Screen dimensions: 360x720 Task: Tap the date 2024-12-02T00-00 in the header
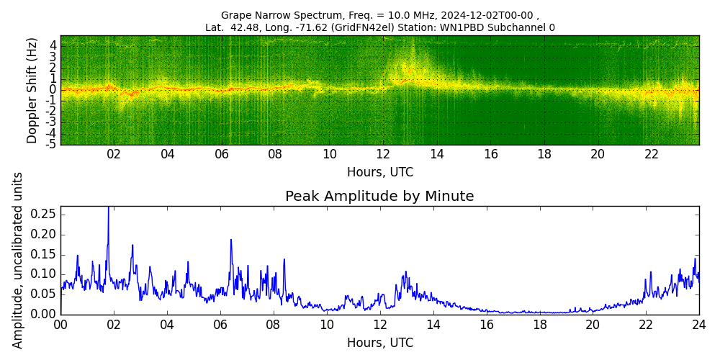(x=489, y=15)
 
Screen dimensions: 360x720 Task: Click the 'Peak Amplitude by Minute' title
(x=379, y=197)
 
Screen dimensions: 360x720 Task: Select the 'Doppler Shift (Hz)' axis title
(x=32, y=91)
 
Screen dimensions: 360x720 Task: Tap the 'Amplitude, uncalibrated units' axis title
(x=18, y=260)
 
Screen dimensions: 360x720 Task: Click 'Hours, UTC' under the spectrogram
(x=379, y=172)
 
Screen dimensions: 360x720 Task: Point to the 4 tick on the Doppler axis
(x=53, y=45)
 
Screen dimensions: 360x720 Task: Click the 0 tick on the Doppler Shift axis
(x=53, y=90)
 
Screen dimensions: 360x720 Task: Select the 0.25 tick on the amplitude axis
(x=43, y=215)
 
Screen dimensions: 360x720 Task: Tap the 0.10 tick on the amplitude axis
(x=43, y=274)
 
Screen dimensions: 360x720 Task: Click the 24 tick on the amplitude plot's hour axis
(x=698, y=324)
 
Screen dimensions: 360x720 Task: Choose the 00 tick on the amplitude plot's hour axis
(x=60, y=324)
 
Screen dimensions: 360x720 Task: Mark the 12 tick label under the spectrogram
(x=383, y=154)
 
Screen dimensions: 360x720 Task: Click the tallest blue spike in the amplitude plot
(x=108, y=209)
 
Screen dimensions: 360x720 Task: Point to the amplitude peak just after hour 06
(x=231, y=240)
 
